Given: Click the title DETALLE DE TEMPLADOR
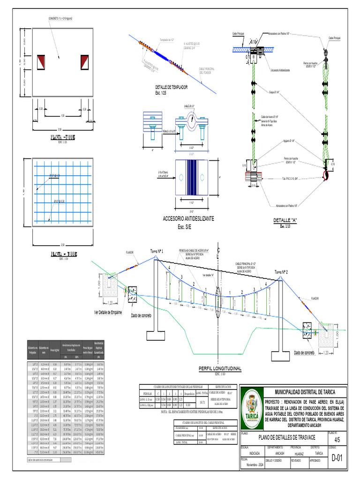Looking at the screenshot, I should (171, 87).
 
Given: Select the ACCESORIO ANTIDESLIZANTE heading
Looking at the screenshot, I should (188, 219).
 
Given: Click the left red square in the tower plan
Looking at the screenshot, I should (41, 61).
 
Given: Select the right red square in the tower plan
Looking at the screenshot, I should (84, 61).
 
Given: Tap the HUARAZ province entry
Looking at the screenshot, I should (299, 454).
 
